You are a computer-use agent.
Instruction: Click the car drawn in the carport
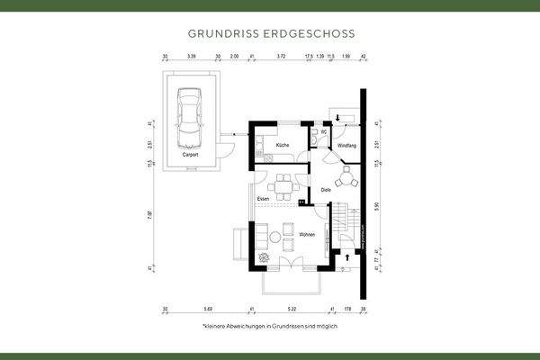click(191, 118)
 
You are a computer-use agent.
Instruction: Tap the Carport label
click(190, 154)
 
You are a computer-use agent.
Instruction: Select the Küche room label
click(282, 145)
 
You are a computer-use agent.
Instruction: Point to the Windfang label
click(346, 145)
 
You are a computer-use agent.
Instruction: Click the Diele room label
click(327, 190)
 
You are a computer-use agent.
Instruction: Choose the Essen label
click(263, 198)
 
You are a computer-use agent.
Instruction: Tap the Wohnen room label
click(307, 235)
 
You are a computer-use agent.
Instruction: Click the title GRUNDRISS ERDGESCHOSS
click(270, 32)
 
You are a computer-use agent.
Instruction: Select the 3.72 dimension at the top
click(281, 56)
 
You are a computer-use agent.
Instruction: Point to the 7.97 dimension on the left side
click(149, 213)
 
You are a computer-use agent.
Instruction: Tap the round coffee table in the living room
click(275, 238)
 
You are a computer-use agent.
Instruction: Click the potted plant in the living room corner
click(263, 257)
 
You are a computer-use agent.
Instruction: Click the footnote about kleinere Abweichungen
click(270, 326)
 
